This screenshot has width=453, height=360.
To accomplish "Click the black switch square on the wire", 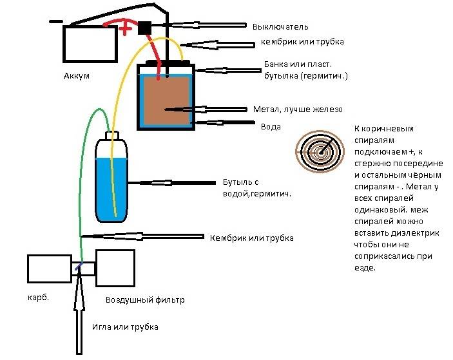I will click(145, 28).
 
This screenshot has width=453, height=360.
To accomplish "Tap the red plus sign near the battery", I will click(126, 29).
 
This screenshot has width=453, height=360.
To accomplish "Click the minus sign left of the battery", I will click(55, 20).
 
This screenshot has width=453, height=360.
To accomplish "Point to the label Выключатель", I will click(280, 27).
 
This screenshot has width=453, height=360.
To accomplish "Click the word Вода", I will click(271, 127).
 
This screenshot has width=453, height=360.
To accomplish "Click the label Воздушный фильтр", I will click(144, 300).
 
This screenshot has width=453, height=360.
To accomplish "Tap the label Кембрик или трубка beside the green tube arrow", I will click(251, 238).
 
